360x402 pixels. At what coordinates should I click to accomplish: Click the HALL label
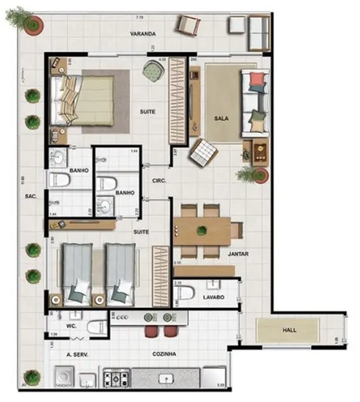point(289,330)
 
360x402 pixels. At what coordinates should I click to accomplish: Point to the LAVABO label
point(213,297)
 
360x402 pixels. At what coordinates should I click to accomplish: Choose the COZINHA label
point(165,354)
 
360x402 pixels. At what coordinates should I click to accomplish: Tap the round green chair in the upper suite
point(152,71)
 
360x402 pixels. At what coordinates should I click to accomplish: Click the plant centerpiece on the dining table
point(202,231)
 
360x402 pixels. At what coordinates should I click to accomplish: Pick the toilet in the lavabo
point(187,293)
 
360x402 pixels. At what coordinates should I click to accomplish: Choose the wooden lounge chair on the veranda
point(188,25)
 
